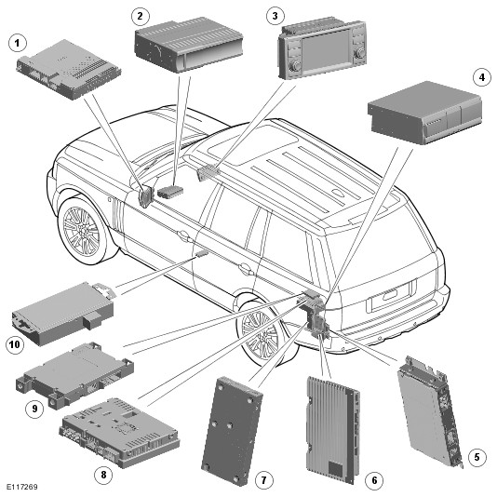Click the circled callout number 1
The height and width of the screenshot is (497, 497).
coord(17,43)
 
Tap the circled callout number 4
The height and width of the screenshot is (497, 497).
coord(482,77)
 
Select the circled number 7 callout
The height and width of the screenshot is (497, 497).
coord(263,480)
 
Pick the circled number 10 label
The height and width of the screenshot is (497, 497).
coord(15,344)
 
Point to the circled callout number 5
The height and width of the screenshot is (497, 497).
coord(477,457)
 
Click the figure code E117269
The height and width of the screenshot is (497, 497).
coord(22,487)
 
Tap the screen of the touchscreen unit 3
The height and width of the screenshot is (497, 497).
coord(326,49)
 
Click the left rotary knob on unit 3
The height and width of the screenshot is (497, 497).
coord(297,65)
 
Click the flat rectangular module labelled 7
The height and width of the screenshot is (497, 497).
coord(232,429)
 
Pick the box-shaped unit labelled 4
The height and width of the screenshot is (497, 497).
coord(424,113)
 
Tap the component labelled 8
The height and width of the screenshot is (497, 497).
coord(119,433)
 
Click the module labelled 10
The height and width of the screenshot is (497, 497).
coord(63,314)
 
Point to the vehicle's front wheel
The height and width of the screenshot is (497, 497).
coord(83,227)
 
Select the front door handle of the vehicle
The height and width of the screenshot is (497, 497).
coord(183,235)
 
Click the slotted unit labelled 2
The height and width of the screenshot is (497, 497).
coord(189,45)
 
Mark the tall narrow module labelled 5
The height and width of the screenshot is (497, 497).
coord(429,412)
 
